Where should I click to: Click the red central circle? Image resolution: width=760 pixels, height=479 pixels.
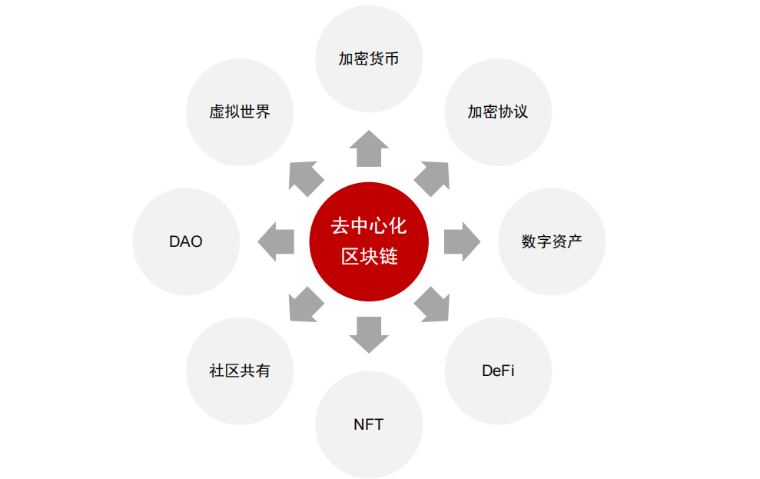369,241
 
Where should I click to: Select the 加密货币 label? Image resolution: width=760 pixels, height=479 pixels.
369,59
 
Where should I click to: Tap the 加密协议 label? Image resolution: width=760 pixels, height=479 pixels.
498,111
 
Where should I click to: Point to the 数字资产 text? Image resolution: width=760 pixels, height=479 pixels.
552,241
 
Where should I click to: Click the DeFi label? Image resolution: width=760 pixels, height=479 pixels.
498,371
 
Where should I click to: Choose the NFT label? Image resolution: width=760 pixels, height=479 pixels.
369,424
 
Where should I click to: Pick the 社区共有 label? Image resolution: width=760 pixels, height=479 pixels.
240,371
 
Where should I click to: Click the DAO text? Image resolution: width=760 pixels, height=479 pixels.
186,241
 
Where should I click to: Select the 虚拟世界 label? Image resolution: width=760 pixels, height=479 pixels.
240,111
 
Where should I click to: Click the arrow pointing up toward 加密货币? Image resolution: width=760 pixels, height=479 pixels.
369,148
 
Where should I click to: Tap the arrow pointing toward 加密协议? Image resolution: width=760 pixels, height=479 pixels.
433,177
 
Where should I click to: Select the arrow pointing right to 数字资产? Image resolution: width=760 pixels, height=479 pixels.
461,241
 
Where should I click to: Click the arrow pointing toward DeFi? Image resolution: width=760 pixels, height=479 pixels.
433,305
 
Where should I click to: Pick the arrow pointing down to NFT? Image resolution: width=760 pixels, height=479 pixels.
369,334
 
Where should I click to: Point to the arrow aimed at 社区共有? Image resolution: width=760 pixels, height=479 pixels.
305,305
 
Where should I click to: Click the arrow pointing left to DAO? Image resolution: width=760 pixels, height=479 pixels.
276,241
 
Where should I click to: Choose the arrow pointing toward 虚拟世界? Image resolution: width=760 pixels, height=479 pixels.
304,177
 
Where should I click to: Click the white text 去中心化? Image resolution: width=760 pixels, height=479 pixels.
369,227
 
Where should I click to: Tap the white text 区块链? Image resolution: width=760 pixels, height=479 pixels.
369,257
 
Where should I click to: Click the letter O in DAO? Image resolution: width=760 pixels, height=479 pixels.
196,241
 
